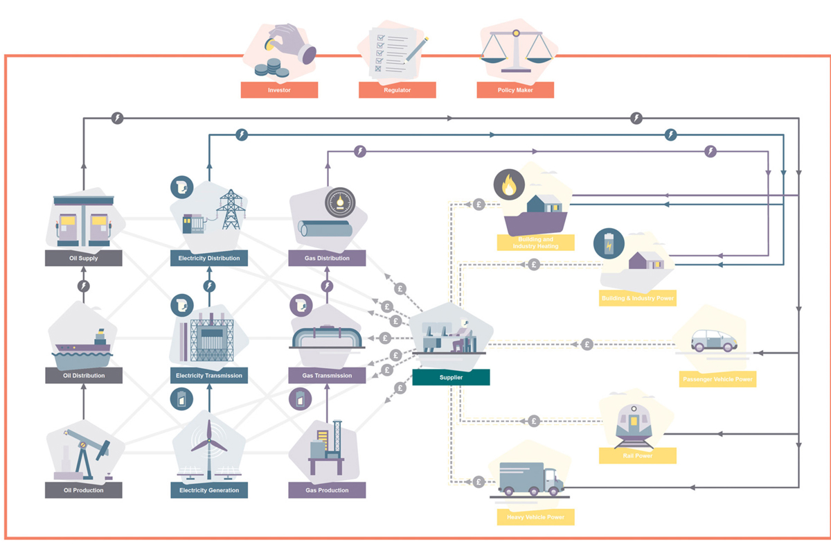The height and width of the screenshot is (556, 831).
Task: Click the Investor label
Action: (279, 90)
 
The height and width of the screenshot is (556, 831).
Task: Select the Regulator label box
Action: (397, 90)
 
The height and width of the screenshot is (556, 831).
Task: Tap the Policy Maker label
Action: (515, 90)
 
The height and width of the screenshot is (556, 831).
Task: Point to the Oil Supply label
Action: (84, 259)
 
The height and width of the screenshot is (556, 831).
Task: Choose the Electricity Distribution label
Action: (208, 259)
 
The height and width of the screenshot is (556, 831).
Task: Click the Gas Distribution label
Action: (327, 259)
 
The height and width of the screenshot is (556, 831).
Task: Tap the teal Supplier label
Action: (451, 377)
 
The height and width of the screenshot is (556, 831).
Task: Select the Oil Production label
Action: (84, 490)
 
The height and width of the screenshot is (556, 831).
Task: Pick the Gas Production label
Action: (327, 490)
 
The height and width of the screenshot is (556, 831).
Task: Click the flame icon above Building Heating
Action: (509, 186)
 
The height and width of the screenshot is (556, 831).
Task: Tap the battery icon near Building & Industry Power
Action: (609, 244)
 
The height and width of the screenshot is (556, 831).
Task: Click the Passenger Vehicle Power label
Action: (717, 379)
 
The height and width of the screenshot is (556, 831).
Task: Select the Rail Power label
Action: (638, 456)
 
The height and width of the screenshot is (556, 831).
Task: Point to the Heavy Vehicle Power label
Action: (535, 517)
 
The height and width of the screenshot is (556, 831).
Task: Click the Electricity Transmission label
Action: (208, 376)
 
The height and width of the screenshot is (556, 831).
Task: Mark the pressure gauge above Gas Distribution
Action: (339, 202)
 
